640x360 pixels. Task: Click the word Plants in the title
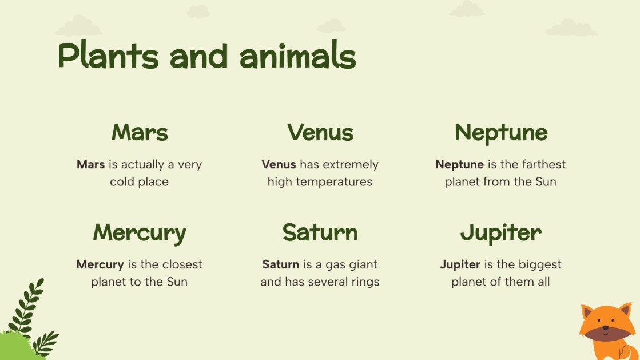(x=108, y=56)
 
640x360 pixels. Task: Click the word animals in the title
(x=297, y=56)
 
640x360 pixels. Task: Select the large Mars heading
(x=140, y=132)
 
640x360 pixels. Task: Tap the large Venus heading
(x=320, y=132)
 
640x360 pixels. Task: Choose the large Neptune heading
(x=500, y=132)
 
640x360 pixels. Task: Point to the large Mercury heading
(x=140, y=233)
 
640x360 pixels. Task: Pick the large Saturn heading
(x=320, y=232)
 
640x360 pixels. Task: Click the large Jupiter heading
(x=500, y=232)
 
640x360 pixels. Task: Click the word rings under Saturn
(x=364, y=282)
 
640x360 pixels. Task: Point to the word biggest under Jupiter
(x=539, y=264)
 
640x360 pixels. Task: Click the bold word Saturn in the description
(x=280, y=264)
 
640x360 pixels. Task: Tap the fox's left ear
(x=587, y=312)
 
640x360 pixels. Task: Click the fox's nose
(x=605, y=328)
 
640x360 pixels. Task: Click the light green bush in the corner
(x=14, y=347)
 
